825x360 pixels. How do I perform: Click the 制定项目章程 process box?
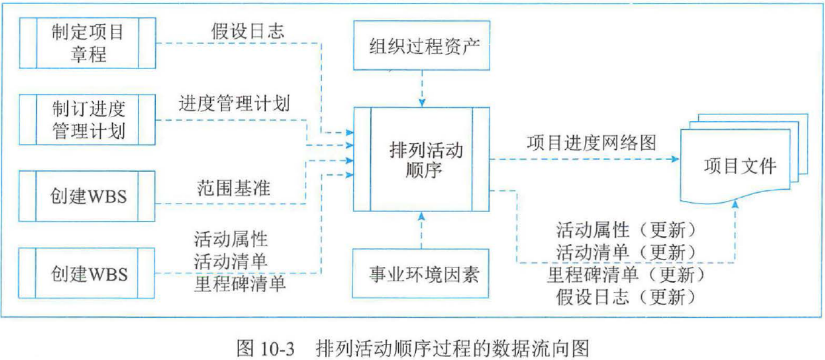point(87,43)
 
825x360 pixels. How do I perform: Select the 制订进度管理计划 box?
point(87,119)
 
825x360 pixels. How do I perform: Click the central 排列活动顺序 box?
point(421,159)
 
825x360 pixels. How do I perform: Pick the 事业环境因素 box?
point(421,274)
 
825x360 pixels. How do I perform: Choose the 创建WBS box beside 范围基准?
point(87,196)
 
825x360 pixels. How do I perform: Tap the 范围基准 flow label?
point(232,188)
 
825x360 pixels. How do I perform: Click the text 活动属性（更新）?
point(626,230)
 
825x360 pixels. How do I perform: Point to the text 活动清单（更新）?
point(626,252)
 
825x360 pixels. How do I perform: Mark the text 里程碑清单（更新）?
point(626,275)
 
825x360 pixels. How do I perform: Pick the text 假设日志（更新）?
point(626,297)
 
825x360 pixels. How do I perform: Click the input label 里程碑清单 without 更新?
point(240,284)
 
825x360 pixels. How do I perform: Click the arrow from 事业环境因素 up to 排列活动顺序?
point(421,231)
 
